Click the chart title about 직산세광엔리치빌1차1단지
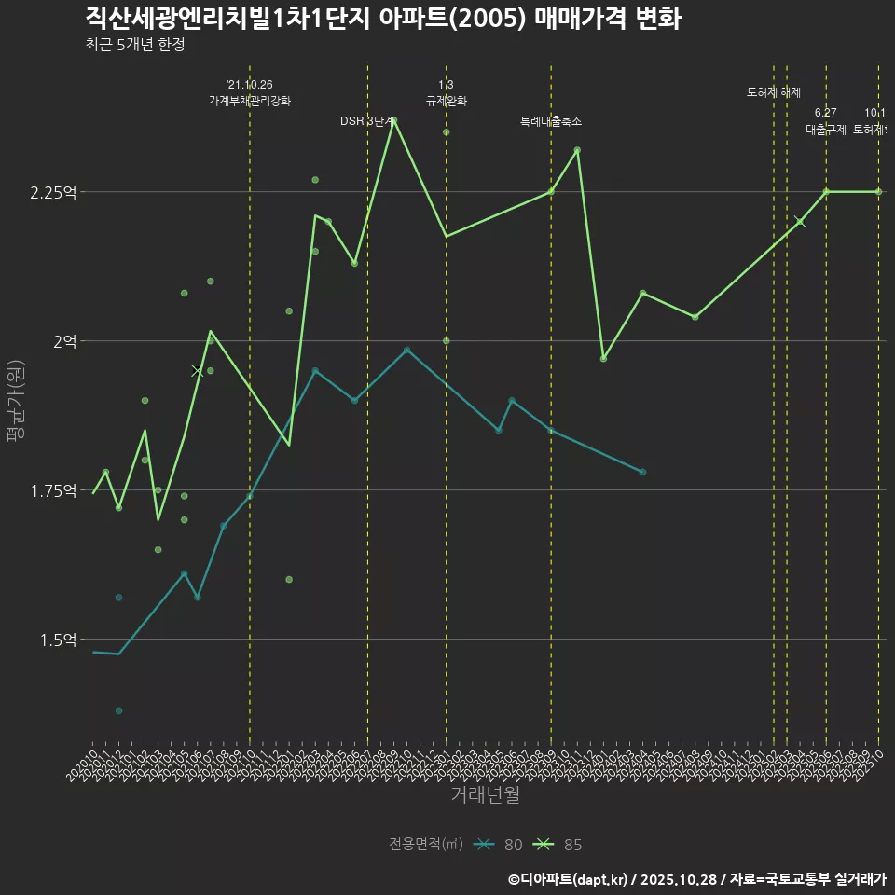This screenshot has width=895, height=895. click(382, 19)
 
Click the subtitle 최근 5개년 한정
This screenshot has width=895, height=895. click(140, 44)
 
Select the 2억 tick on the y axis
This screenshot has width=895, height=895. click(64, 341)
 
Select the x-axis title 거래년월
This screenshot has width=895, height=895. click(485, 794)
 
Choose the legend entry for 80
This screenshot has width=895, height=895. click(499, 845)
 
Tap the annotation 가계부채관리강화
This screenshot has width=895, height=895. click(250, 101)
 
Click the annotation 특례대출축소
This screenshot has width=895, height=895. click(551, 121)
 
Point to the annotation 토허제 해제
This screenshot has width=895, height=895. click(774, 92)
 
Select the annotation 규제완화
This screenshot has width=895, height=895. click(446, 101)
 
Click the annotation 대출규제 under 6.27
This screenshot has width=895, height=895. click(826, 130)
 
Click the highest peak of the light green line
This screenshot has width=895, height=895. click(393, 120)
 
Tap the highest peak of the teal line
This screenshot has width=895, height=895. click(406, 350)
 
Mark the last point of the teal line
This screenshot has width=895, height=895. click(642, 473)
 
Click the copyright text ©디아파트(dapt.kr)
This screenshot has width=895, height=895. click(569, 879)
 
